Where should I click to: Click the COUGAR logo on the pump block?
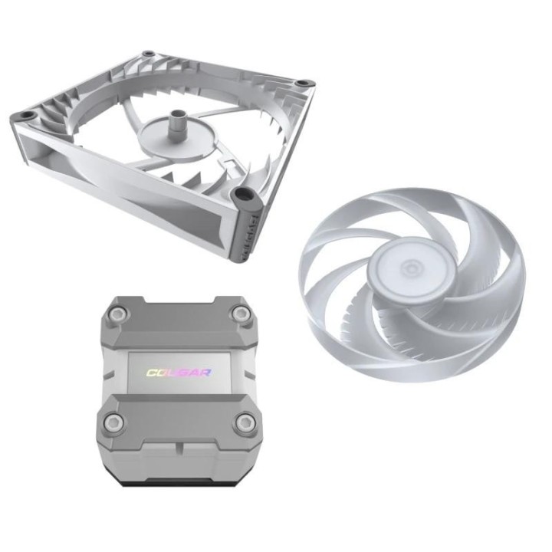click(x=179, y=373)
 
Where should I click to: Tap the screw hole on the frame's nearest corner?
click(x=245, y=192)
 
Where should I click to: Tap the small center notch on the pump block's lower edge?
click(x=179, y=460)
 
